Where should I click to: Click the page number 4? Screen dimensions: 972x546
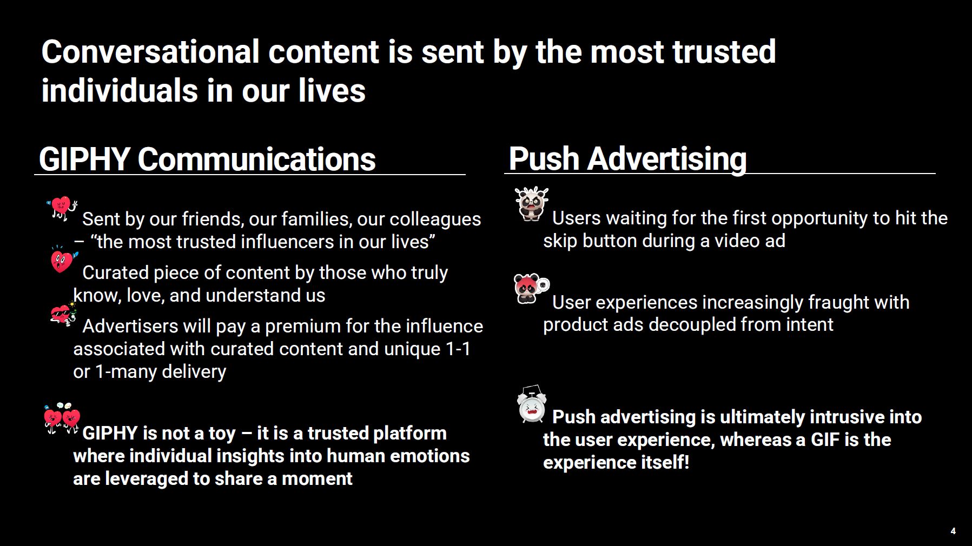click(x=953, y=531)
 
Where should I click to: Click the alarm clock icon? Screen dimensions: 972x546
click(x=532, y=404)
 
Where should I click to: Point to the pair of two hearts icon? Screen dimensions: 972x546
click(x=62, y=418)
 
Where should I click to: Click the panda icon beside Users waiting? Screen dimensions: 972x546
click(x=532, y=204)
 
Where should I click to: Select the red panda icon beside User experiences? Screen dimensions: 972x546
click(x=531, y=289)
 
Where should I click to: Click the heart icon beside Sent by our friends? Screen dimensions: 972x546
click(x=62, y=208)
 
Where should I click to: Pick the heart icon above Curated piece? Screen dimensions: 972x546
click(x=62, y=260)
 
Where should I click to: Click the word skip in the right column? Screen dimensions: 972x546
click(x=560, y=241)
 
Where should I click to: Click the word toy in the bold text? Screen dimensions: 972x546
click(x=222, y=434)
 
